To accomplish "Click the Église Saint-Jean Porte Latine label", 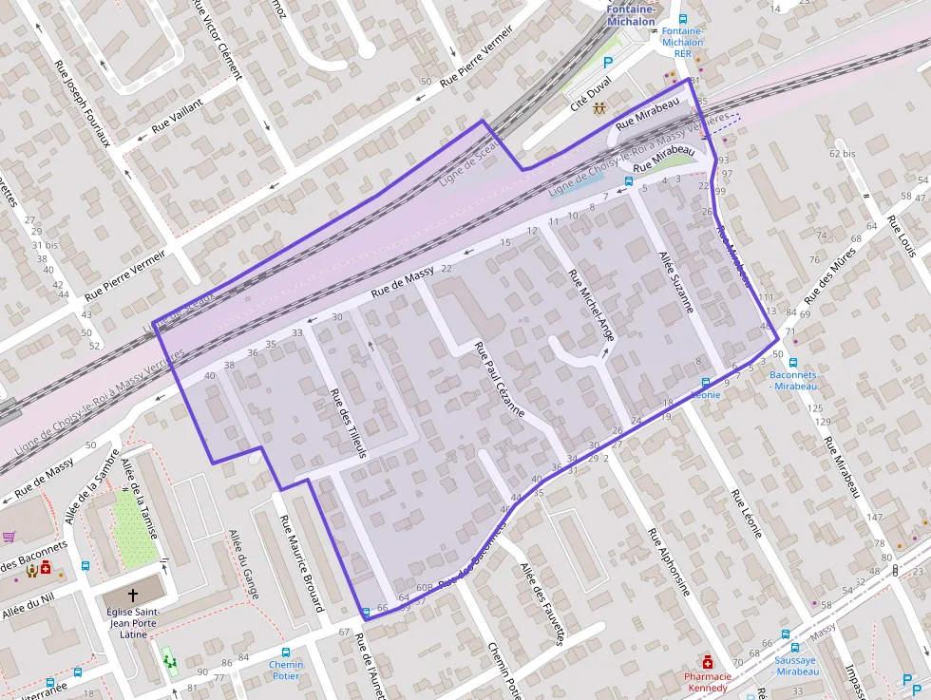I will tap(133, 622).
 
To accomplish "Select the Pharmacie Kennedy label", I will tap(709, 682).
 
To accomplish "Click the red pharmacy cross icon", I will tap(707, 661).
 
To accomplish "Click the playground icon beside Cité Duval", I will tap(600, 107).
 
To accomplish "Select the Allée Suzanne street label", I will tap(677, 282).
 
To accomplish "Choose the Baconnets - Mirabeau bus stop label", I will tap(792, 381).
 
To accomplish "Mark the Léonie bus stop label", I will tap(706, 393).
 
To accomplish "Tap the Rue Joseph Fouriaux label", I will tap(83, 104).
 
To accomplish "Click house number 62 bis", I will tap(842, 153).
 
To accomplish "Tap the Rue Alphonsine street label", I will tap(669, 561).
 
